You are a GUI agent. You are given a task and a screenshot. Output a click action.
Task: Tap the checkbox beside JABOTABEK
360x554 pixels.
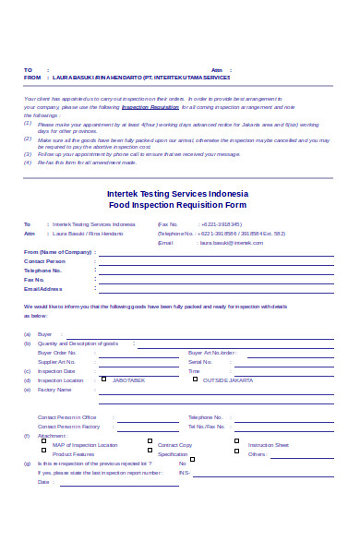106,379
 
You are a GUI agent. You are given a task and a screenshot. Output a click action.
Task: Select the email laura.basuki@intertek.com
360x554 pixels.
231,242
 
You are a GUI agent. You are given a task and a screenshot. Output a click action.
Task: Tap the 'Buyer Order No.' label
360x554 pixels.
57,353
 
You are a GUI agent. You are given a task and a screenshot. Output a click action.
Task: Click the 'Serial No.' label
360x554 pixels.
201,362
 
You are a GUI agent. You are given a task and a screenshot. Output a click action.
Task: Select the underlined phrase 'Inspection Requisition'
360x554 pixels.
150,107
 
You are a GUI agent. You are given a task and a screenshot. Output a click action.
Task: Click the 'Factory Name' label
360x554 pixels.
54,390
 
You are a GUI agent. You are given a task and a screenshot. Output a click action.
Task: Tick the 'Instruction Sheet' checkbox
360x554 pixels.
237,442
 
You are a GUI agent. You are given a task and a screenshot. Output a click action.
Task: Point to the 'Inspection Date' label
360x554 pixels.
56,371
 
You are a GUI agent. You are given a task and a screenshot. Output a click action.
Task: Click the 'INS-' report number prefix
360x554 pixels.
185,472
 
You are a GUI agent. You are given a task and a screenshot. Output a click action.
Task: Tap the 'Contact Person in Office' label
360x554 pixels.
67,417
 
